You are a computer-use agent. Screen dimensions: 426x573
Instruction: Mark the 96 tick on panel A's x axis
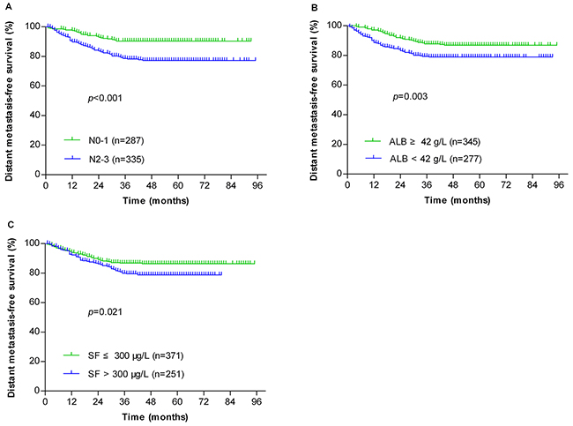(x=256, y=188)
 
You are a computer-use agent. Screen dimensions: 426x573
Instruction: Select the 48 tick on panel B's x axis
(x=453, y=186)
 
